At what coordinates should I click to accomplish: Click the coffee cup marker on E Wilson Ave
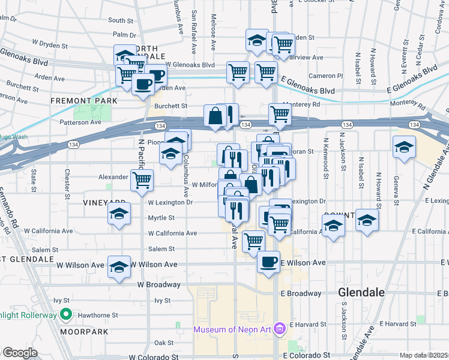[x=268, y=262]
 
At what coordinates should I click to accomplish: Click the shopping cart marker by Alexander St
[x=142, y=179]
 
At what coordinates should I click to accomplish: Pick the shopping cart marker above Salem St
[x=253, y=241]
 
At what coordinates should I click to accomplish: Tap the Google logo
[x=20, y=353]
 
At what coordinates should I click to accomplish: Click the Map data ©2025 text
[x=424, y=355]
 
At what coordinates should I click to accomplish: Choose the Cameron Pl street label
[x=325, y=76]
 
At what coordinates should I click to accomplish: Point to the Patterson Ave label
[x=79, y=122]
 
